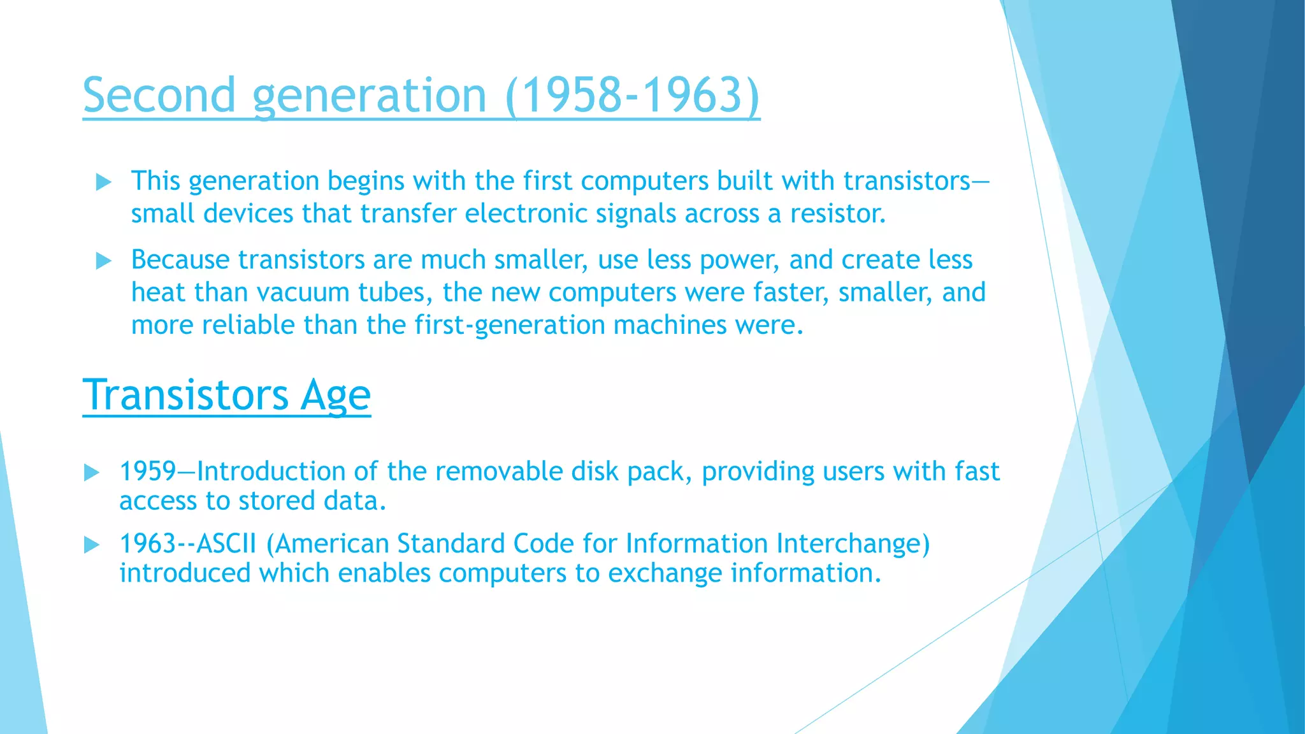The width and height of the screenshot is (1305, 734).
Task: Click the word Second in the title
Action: [159, 95]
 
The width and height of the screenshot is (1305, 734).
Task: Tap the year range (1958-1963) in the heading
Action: [632, 95]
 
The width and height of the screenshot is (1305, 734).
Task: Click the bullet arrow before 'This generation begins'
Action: [103, 183]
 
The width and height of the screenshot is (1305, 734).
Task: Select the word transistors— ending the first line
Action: [916, 181]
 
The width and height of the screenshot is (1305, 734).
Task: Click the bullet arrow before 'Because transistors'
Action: [103, 261]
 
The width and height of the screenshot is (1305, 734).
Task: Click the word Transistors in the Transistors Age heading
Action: [185, 395]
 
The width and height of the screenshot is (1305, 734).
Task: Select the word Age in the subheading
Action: [335, 395]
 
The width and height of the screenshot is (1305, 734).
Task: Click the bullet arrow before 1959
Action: [92, 473]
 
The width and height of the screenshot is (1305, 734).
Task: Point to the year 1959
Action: [147, 471]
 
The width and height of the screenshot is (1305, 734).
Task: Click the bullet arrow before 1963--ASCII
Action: [92, 545]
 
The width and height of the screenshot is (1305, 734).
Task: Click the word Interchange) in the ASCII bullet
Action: [853, 543]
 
